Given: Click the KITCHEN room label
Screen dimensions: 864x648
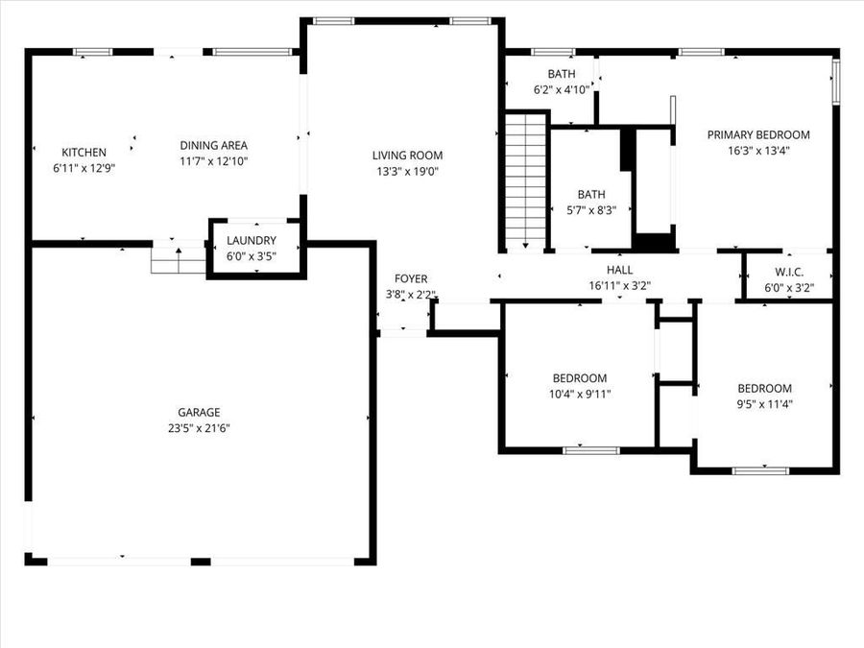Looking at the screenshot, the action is pyautogui.click(x=84, y=152).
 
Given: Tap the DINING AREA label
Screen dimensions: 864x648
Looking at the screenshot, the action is pyautogui.click(x=214, y=146).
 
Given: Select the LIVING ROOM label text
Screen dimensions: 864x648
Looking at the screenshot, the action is pyautogui.click(x=407, y=156).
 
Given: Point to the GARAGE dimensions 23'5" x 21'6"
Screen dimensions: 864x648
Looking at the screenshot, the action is pyautogui.click(x=199, y=428).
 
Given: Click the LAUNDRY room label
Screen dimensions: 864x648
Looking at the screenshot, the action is pyautogui.click(x=252, y=240).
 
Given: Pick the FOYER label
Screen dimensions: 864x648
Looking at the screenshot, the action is pyautogui.click(x=411, y=278).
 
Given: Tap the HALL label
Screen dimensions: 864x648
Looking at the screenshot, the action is pyautogui.click(x=619, y=270).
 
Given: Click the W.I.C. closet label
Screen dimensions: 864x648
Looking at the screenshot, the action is pyautogui.click(x=789, y=273).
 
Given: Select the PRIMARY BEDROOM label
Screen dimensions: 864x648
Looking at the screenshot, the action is pyautogui.click(x=758, y=135).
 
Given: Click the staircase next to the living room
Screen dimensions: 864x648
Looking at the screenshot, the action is pyautogui.click(x=526, y=180).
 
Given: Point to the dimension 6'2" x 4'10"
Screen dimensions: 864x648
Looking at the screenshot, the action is pyautogui.click(x=562, y=90).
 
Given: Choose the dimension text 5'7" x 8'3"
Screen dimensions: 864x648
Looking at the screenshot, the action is pyautogui.click(x=591, y=210).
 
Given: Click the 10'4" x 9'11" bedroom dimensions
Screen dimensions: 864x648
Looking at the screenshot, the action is pyautogui.click(x=580, y=394).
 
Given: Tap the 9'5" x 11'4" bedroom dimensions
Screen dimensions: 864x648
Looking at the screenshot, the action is pyautogui.click(x=765, y=404).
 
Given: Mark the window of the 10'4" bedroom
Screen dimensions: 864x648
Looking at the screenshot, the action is pyautogui.click(x=591, y=451).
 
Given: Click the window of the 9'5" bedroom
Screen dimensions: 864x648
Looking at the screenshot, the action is pyautogui.click(x=760, y=470).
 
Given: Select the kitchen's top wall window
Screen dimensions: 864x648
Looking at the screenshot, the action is pyautogui.click(x=93, y=53).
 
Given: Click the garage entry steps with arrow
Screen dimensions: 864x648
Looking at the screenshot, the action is pyautogui.click(x=179, y=260).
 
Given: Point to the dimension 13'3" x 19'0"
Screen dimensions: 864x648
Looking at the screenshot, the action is pyautogui.click(x=407, y=172).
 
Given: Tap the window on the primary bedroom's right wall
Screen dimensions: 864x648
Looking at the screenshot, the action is pyautogui.click(x=836, y=83).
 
